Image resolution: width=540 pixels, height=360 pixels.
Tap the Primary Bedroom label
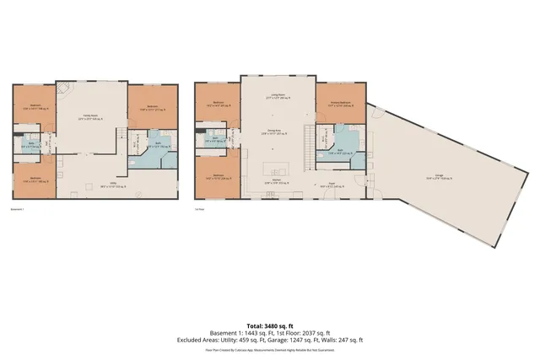click(340, 104)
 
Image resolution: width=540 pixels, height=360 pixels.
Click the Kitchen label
click(275, 180)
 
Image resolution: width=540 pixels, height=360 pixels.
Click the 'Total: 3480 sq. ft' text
click(269, 325)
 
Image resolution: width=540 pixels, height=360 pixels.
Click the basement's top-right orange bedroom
click(153, 105)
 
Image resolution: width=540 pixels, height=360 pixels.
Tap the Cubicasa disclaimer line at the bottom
click(269, 348)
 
